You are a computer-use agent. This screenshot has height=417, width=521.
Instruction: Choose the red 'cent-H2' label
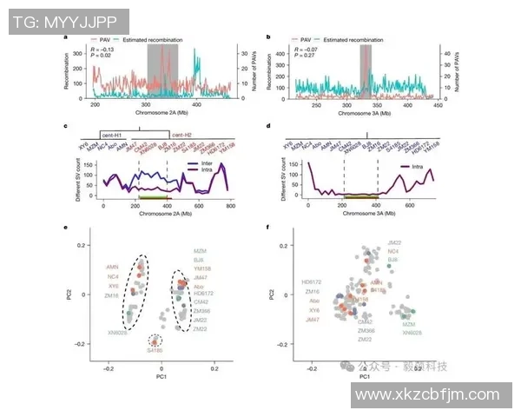click(x=182, y=136)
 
